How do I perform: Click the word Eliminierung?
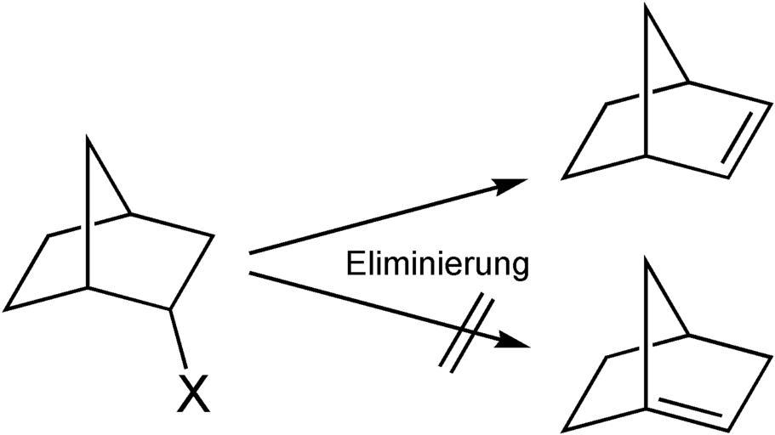tap(437, 264)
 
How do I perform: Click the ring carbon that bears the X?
tap(173, 309)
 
